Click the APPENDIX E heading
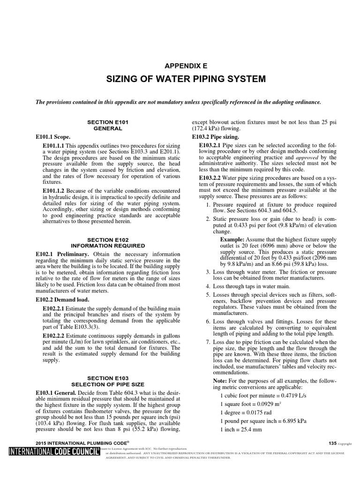coord(180,66)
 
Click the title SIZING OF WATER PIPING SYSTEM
coord(180,78)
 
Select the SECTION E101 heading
coord(108,121)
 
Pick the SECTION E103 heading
coord(108,377)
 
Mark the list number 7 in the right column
coord(208,342)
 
